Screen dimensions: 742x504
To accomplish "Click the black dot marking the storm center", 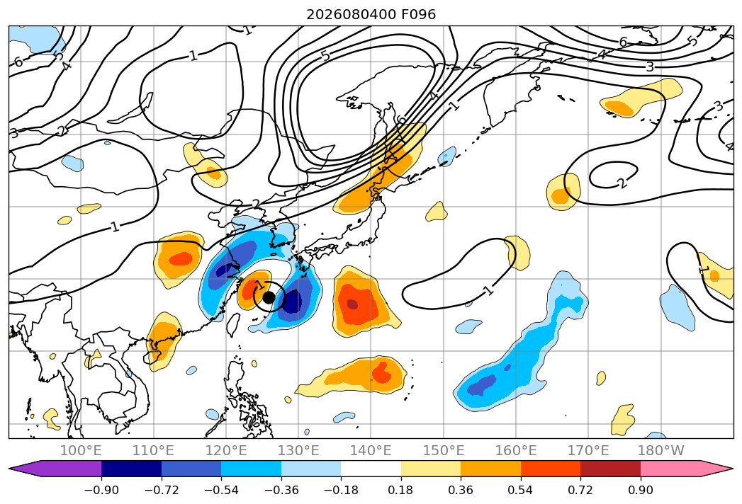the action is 269,297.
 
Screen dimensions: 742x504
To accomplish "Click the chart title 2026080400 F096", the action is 371,15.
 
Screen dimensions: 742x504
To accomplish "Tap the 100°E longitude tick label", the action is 81,451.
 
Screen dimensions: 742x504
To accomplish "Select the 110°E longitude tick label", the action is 153,451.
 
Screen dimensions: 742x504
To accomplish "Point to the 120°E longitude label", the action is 226,451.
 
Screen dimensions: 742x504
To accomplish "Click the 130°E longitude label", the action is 298,451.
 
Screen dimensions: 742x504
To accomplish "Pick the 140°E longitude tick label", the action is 371,451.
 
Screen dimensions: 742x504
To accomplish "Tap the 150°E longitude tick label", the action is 444,451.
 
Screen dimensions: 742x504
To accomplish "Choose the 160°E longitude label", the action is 516,451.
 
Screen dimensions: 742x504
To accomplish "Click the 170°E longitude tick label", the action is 588,451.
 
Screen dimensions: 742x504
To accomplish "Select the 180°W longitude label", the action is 661,451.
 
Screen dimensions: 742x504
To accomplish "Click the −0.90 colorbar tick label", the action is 101,490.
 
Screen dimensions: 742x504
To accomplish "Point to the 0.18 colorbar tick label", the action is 401,490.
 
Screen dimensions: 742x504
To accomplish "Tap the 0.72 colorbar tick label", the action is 580,490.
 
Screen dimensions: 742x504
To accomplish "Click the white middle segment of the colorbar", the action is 371,469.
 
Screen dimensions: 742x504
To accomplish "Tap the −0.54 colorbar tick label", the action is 221,490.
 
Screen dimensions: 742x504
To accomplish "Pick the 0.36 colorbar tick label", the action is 461,490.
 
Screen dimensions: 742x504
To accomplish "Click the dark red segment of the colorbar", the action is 610,469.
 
